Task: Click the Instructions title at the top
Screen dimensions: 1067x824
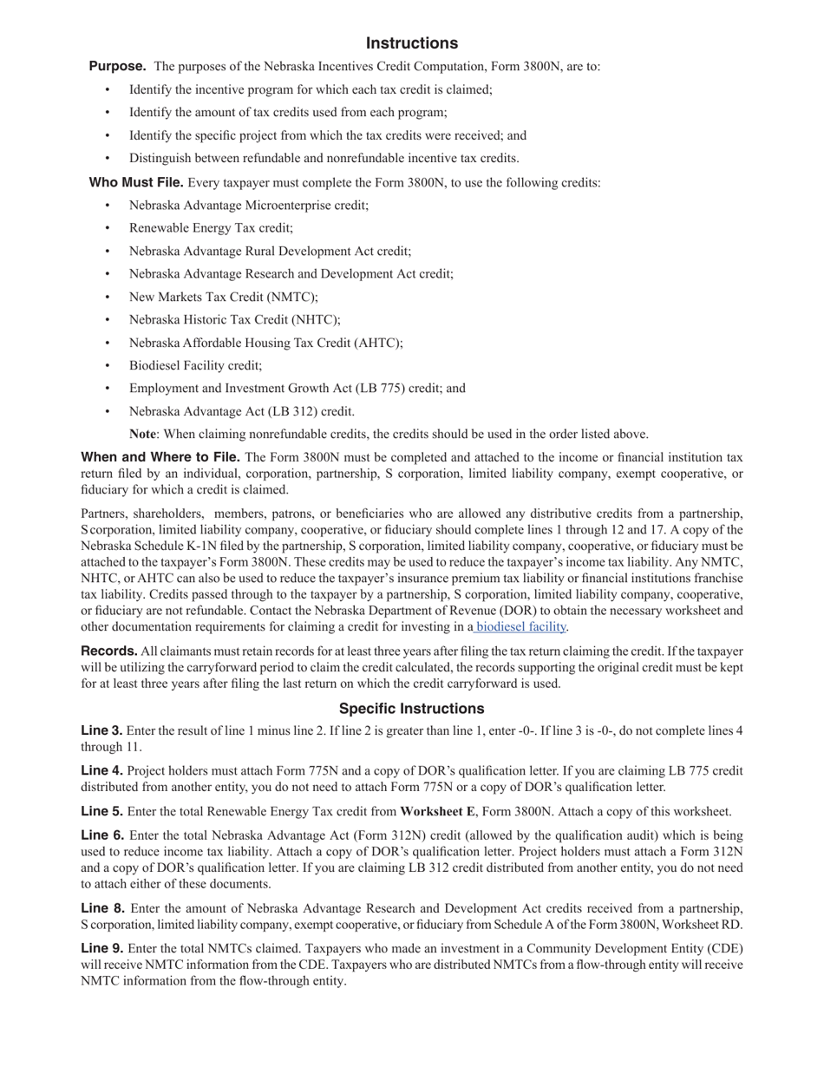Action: tap(411, 43)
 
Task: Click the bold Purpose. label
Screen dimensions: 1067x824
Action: tap(117, 66)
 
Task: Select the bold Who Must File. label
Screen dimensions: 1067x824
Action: tap(136, 182)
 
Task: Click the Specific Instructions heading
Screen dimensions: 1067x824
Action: tap(411, 709)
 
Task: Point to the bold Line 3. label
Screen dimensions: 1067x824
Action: tap(101, 730)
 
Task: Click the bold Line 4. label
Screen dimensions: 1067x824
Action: tap(101, 770)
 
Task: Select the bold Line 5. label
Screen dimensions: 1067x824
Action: tap(101, 812)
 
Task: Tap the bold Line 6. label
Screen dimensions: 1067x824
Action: tap(101, 835)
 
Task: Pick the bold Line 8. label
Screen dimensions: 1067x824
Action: tap(101, 908)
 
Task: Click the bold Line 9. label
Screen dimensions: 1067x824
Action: tap(101, 948)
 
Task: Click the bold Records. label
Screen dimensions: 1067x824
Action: tap(109, 651)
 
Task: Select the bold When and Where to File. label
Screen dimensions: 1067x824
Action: tap(160, 457)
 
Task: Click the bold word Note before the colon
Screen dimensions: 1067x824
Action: tap(142, 434)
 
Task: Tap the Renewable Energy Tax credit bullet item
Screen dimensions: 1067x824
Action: tap(211, 228)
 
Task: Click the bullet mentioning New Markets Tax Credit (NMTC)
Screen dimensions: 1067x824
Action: tap(224, 297)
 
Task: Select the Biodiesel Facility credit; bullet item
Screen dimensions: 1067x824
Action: tap(195, 365)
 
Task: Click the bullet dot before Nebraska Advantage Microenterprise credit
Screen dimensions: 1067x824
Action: tap(108, 206)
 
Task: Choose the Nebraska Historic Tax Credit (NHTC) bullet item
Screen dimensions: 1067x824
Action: tap(234, 319)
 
